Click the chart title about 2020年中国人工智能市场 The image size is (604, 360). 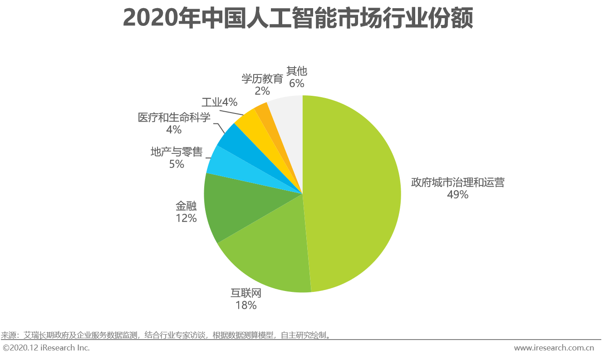(298, 19)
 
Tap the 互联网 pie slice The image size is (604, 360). (268, 254)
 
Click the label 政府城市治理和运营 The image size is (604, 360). (457, 182)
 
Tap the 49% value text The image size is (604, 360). (457, 195)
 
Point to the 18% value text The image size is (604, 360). (246, 305)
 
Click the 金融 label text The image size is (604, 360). (186, 206)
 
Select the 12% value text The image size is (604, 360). (186, 218)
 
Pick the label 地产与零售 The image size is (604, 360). (177, 152)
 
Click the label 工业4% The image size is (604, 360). (219, 102)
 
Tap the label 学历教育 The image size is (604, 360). (262, 78)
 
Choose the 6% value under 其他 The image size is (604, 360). (297, 83)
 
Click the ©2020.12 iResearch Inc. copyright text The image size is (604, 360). (46, 348)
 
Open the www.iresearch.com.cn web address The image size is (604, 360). (554, 348)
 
